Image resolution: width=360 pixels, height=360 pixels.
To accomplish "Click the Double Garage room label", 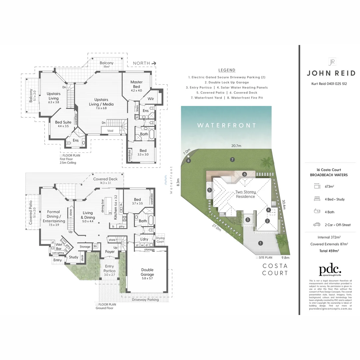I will tap(147, 272).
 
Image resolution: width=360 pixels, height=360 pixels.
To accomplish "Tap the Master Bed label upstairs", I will tap(136, 84).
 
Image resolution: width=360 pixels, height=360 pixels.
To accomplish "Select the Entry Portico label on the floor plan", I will tap(109, 268).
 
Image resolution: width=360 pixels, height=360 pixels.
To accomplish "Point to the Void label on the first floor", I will tap(110, 131).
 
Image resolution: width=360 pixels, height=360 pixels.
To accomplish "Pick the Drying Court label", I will tap(161, 239).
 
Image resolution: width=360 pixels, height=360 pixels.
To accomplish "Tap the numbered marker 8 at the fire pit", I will tap(189, 161).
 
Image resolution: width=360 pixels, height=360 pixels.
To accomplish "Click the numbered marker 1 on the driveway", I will tap(260, 243).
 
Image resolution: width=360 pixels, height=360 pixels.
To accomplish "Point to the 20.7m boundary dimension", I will tap(236, 146).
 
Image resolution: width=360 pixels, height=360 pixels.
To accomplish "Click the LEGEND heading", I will tap(227, 70).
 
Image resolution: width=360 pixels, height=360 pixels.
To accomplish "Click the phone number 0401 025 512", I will tap(335, 84).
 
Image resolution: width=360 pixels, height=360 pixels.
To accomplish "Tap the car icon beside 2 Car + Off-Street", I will tap(317, 225).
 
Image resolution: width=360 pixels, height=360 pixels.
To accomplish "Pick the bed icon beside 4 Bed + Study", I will tap(317, 199).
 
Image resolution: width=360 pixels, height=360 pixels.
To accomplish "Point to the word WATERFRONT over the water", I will tap(227, 125).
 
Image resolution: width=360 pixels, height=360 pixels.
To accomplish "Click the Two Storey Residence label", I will tap(245, 194).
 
